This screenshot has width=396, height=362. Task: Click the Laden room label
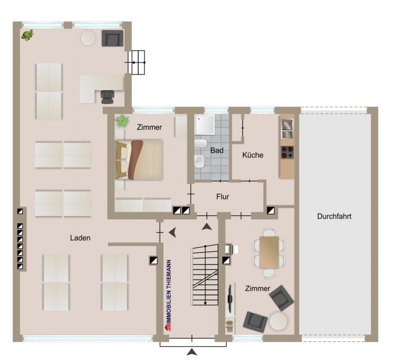(x=80, y=237)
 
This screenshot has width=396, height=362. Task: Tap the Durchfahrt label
(x=334, y=216)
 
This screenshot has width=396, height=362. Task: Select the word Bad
(x=217, y=151)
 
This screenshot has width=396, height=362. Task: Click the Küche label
(x=253, y=155)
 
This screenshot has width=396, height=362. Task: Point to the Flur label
(x=223, y=197)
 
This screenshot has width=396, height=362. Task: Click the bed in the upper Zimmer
(x=139, y=159)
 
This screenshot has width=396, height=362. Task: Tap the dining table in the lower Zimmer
(x=269, y=252)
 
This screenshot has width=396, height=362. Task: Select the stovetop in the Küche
(x=287, y=152)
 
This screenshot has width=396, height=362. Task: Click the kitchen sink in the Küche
(x=287, y=126)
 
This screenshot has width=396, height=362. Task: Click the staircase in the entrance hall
(x=205, y=274)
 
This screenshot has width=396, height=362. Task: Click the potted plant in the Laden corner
(x=28, y=35)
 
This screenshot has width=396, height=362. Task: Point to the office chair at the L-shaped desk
(x=107, y=97)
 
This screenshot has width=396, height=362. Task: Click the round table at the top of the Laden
(x=88, y=37)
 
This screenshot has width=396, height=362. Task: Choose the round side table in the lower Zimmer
(x=278, y=321)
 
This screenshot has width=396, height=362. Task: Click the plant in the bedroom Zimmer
(x=123, y=121)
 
